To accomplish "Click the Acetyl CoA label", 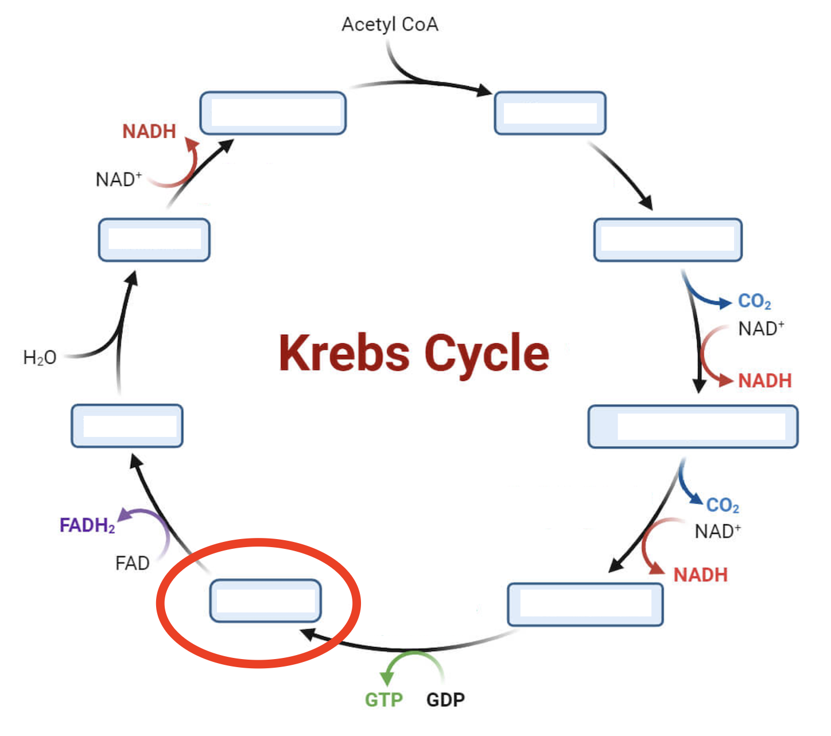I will (x=390, y=25).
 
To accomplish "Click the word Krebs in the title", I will (x=344, y=352).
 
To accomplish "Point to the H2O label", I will (x=40, y=358).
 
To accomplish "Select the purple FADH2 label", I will (x=87, y=525).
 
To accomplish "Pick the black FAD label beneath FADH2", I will (x=132, y=563).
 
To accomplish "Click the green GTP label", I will (x=384, y=700).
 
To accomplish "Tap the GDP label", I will (x=445, y=700).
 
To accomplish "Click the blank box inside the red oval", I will (x=265, y=601).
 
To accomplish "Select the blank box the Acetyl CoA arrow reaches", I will (x=550, y=113).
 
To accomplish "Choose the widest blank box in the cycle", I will (x=693, y=427).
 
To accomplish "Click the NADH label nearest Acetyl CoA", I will (x=149, y=131).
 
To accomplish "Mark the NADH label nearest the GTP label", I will (x=700, y=575).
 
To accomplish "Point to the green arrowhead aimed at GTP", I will (x=387, y=678).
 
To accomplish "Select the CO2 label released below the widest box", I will (x=723, y=505).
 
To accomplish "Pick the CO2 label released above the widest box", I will (x=754, y=301).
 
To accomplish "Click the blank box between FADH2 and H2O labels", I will (x=127, y=426).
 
